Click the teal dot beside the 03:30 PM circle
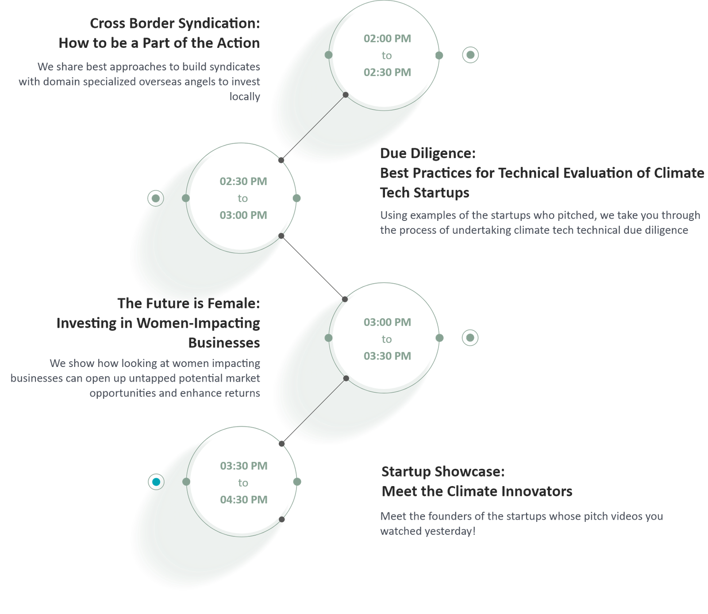tap(156, 482)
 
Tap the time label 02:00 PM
tap(387, 39)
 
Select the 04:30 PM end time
tap(244, 499)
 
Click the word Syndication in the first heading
tap(217, 23)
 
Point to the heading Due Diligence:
tap(428, 153)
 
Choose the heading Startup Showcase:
tap(443, 471)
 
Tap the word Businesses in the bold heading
tap(224, 343)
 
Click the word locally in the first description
tap(245, 97)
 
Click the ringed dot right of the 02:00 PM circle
tap(470, 55)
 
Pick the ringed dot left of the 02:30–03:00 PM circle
tap(156, 198)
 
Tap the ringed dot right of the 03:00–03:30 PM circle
tap(470, 338)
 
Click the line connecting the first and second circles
tap(313, 127)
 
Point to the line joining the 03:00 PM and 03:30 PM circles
tap(314, 411)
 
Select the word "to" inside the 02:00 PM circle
tap(387, 56)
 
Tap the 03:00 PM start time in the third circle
tap(387, 322)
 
